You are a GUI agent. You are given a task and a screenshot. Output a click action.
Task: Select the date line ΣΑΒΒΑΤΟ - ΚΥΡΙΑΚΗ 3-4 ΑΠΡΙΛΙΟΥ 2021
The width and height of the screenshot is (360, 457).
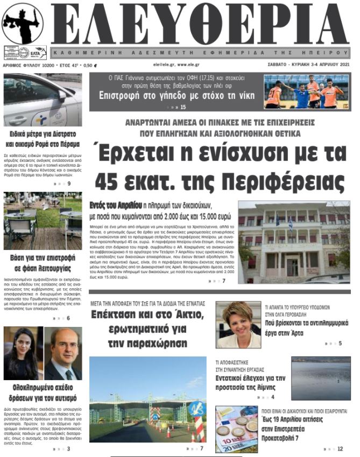(308, 65)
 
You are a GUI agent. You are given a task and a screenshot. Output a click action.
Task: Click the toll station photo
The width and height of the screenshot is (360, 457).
(147, 399)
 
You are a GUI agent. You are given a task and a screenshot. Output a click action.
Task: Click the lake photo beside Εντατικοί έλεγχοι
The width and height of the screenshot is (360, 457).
(321, 379)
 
